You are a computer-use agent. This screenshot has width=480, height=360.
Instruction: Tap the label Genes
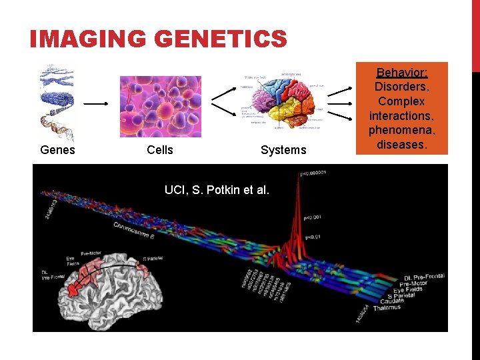(x=57, y=150)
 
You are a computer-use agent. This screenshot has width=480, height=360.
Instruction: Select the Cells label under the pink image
(x=159, y=150)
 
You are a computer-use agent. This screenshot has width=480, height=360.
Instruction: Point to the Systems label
(x=283, y=150)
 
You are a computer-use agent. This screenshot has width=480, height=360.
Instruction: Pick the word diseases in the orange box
(x=401, y=145)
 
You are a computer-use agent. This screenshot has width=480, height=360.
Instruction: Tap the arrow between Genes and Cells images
(x=96, y=104)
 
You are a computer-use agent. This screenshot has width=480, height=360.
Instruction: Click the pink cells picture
(x=159, y=106)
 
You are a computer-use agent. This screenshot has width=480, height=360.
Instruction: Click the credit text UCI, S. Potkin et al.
(x=217, y=190)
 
